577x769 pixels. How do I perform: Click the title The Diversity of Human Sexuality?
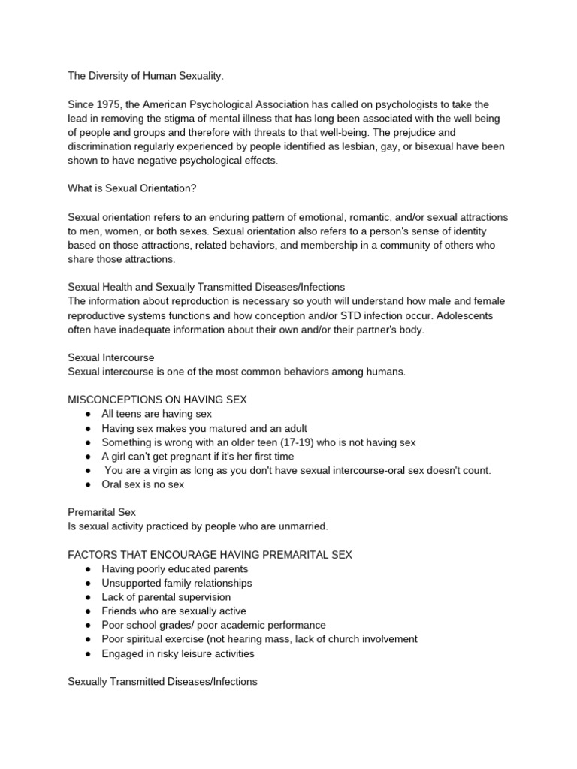pyautogui.click(x=146, y=76)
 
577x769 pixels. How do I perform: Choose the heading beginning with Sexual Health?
pyautogui.click(x=207, y=287)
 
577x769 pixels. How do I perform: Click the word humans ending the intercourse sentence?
pyautogui.click(x=384, y=372)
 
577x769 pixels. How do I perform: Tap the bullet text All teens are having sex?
pyautogui.click(x=156, y=414)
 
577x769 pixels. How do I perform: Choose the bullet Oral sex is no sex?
pyautogui.click(x=143, y=484)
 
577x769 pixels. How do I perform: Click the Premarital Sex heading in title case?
pyautogui.click(x=101, y=512)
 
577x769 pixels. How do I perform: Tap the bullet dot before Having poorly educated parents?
pyautogui.click(x=88, y=569)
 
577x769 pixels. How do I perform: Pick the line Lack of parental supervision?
pyautogui.click(x=166, y=597)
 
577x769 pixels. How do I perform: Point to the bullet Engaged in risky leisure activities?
pyautogui.click(x=178, y=653)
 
